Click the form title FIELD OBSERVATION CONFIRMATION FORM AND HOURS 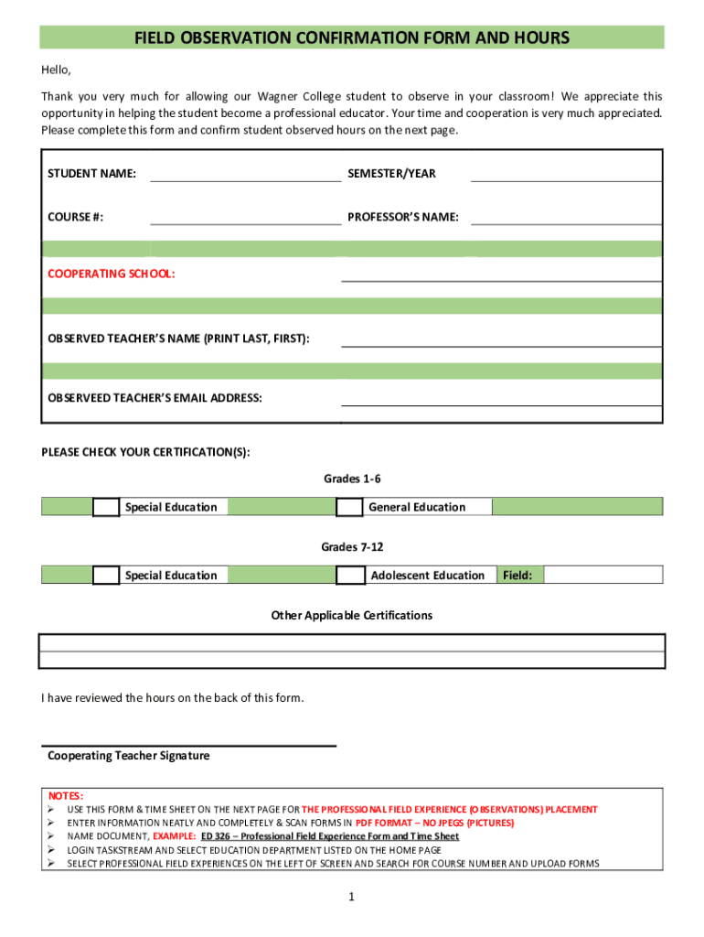click(352, 38)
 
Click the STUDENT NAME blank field click(245, 173)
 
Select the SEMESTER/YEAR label click(391, 173)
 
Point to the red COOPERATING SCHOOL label click(112, 274)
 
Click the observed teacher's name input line click(501, 339)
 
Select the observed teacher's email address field click(501, 397)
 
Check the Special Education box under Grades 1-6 click(106, 507)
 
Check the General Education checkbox click(349, 507)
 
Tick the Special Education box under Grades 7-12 click(106, 576)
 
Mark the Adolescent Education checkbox click(349, 576)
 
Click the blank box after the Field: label click(603, 576)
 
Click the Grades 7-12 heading click(352, 547)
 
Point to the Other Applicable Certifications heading click(352, 616)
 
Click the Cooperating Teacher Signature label click(128, 756)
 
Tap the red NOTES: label click(66, 796)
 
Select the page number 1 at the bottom click(351, 898)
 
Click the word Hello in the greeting click(56, 70)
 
